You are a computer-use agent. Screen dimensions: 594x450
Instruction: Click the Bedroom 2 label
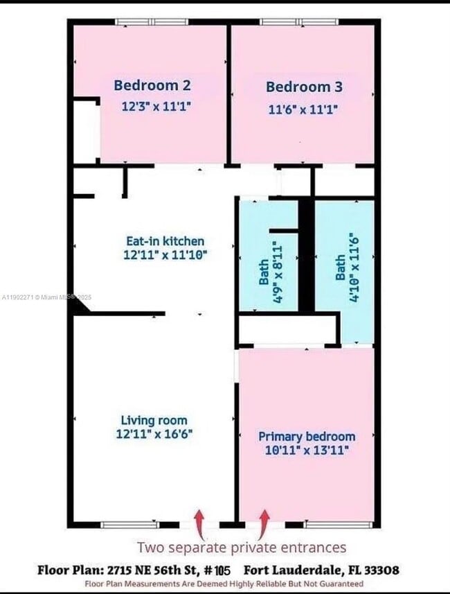[x=152, y=85]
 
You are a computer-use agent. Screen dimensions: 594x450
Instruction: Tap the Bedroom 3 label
[x=304, y=87]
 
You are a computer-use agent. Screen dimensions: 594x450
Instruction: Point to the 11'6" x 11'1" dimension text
[x=303, y=109]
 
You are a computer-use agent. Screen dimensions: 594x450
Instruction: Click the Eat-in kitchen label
[x=165, y=241]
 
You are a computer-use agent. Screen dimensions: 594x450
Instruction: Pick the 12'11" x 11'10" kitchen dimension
[x=165, y=254]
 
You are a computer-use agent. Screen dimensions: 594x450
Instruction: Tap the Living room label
[x=154, y=420]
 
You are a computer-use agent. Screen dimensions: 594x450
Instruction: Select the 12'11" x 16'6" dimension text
[x=154, y=433]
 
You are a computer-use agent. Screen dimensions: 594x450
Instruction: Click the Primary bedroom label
[x=307, y=437]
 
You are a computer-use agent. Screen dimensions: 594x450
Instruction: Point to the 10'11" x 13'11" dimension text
[x=307, y=451]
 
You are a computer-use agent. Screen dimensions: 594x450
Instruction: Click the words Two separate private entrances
[x=242, y=548]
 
